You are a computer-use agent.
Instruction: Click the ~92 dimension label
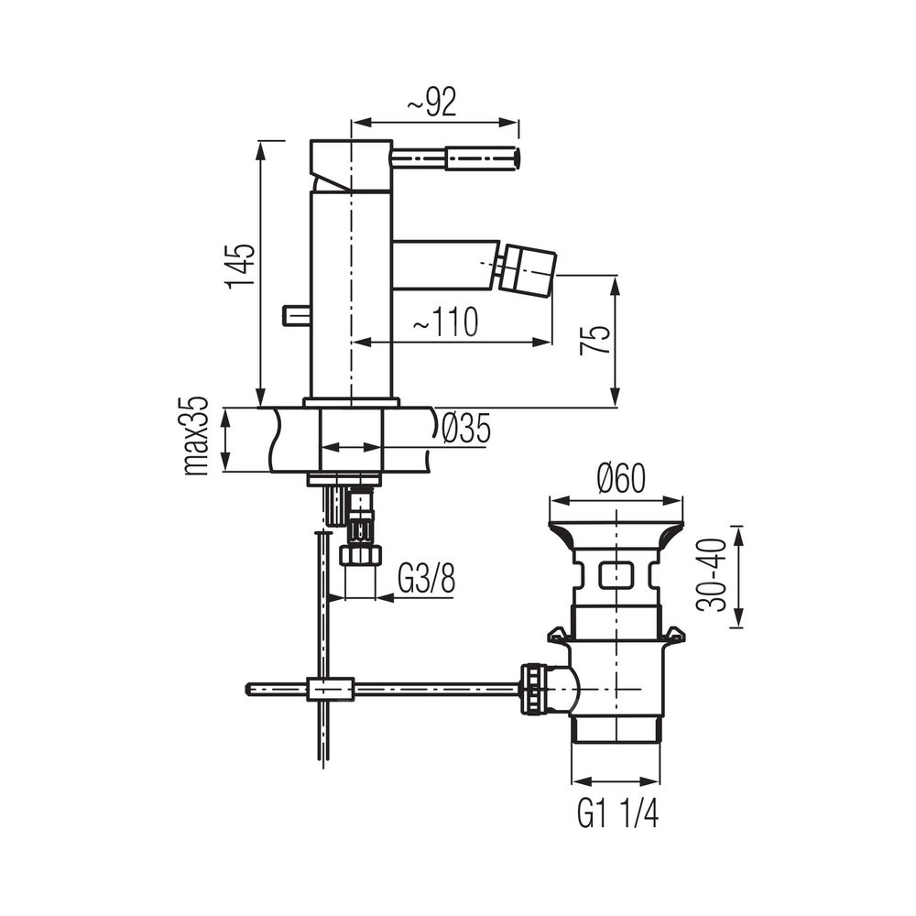[431, 104]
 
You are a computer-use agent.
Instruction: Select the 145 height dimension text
[240, 267]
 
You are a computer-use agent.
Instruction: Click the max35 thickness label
[196, 437]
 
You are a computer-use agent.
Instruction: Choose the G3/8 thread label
[427, 580]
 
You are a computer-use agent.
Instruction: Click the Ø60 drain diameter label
[621, 479]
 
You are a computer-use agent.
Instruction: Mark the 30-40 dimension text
[713, 574]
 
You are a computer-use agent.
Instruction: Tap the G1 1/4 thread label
[617, 813]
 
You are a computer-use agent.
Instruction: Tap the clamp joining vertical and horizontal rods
[332, 689]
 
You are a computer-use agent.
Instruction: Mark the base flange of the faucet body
[352, 402]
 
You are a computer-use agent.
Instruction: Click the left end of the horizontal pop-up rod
[251, 689]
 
